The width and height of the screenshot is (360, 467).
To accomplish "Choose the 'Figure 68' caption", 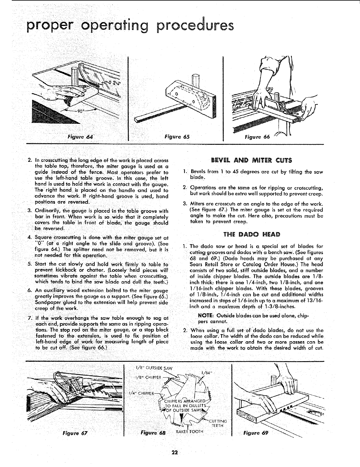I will coord(153,433).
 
